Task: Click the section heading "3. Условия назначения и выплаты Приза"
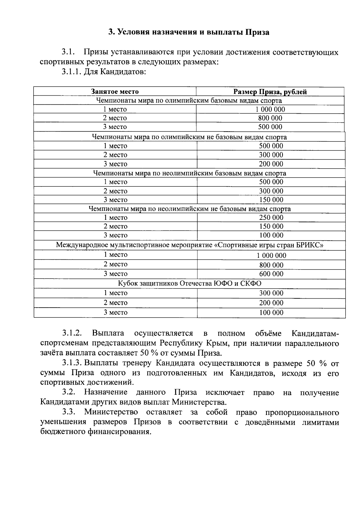189,32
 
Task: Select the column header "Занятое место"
115,92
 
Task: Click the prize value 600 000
271,274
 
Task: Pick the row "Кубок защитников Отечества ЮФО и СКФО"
189,284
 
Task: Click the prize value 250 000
271,218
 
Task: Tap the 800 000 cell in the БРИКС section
271,265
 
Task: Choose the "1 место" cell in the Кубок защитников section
115,293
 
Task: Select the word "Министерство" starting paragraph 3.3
111,412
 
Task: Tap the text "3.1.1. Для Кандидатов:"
104,72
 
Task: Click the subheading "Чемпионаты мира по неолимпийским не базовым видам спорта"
190,209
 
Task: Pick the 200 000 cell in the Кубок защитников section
271,303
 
